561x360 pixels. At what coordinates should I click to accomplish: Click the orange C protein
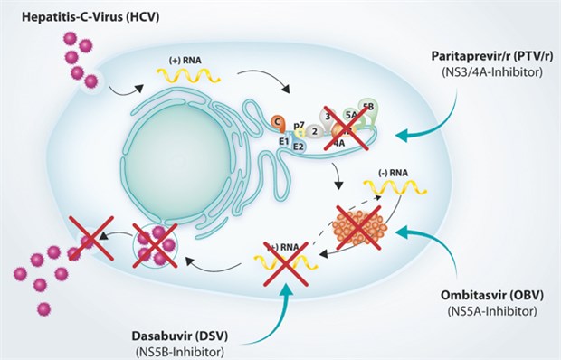279,121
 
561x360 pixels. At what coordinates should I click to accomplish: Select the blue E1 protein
282,141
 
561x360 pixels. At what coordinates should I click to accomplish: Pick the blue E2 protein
299,146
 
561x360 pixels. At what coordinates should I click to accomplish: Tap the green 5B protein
368,108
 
